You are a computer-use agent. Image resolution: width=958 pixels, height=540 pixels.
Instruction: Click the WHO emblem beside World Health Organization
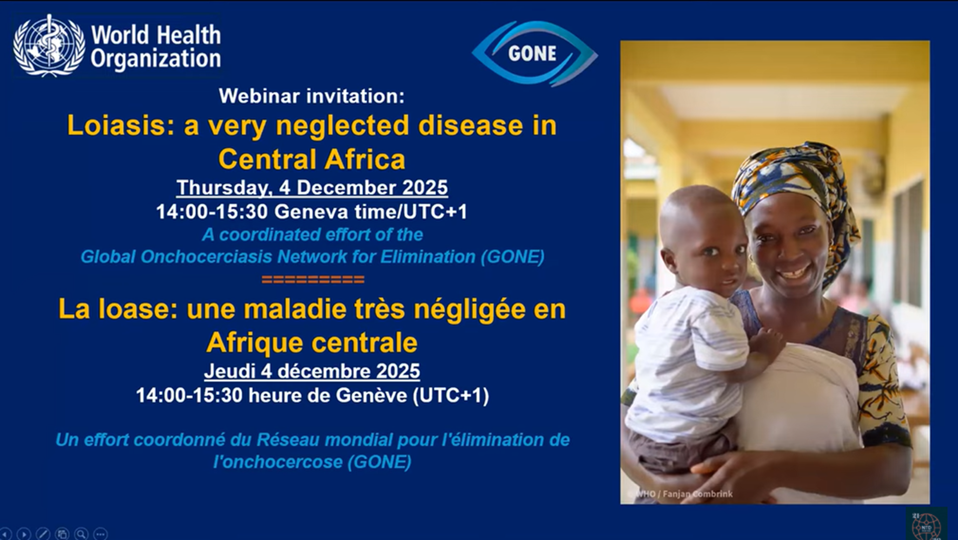pyautogui.click(x=49, y=45)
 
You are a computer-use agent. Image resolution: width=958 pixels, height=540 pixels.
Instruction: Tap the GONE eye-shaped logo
pyautogui.click(x=534, y=53)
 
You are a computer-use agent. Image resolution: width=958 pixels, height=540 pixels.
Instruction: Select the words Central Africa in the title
pyautogui.click(x=312, y=160)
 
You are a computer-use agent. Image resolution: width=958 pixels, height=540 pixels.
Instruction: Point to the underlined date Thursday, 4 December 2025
pyautogui.click(x=312, y=188)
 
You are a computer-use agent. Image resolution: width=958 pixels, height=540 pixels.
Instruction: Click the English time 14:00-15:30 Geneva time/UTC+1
pyautogui.click(x=312, y=212)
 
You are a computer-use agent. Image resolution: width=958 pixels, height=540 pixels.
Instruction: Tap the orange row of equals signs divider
pyautogui.click(x=313, y=279)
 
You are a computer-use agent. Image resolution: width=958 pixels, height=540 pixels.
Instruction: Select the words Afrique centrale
pyautogui.click(x=312, y=343)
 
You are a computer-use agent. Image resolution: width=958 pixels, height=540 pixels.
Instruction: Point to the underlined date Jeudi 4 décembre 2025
pyautogui.click(x=312, y=371)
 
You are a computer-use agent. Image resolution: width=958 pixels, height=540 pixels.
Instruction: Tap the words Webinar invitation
pyautogui.click(x=311, y=96)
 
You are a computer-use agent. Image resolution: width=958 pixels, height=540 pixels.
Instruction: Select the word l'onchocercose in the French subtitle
pyautogui.click(x=278, y=462)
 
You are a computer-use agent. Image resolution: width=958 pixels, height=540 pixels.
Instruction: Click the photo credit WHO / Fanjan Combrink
pyautogui.click(x=684, y=494)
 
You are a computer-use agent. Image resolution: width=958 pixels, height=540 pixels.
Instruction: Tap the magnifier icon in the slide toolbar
pyautogui.click(x=81, y=534)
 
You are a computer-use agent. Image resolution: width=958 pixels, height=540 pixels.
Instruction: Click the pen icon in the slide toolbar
pyautogui.click(x=43, y=534)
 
